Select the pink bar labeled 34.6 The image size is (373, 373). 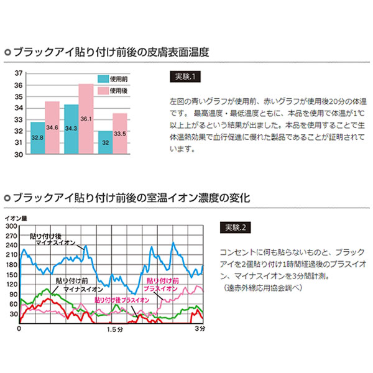tap(52, 127)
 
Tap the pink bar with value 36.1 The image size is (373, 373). tap(86, 119)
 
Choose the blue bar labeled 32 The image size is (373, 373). tap(105, 142)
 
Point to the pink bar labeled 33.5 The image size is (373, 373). tap(120, 134)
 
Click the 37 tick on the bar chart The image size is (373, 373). tap(18, 73)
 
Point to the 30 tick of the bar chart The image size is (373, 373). tap(18, 154)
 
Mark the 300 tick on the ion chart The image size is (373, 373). tap(11, 226)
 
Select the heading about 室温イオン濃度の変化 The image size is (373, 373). tap(131, 199)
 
